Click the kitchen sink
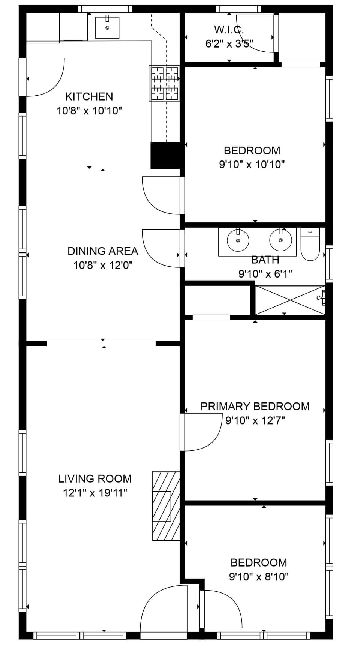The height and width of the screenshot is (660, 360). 107,28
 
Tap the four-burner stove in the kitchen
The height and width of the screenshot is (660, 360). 164,83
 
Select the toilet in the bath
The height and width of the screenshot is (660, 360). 310,246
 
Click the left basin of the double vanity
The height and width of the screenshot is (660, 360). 238,240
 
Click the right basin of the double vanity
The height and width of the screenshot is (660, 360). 280,240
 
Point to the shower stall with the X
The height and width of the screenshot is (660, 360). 290,300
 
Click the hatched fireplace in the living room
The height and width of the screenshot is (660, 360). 165,505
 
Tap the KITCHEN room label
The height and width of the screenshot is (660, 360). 89,96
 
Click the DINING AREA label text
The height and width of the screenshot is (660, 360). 103,251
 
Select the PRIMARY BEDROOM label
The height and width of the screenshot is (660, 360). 255,406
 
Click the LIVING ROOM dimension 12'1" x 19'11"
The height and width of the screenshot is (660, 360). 95,493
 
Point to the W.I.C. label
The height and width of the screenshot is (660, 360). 229,30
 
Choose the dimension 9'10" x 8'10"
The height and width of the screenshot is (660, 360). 259,576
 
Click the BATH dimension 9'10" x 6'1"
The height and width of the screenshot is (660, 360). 265,274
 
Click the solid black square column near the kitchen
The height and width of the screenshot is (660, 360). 165,156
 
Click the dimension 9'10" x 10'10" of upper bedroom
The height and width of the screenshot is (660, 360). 252,164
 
